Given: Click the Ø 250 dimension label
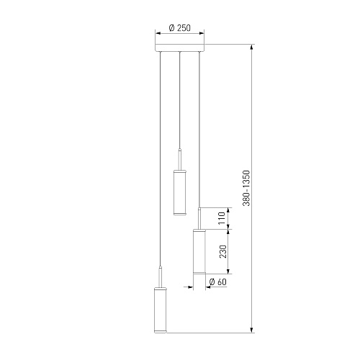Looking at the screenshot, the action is point(180,28).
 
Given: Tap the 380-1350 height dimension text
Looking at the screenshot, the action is point(246,188).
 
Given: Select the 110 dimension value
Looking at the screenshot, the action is point(222,218).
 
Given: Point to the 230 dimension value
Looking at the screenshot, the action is point(223,251).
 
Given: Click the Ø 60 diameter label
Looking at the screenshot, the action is point(217,282).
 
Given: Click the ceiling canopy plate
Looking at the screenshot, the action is point(180,48).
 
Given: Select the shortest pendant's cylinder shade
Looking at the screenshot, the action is point(180,192).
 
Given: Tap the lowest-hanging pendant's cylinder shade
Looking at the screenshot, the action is point(160,310).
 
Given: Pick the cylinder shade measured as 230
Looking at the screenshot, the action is point(199,251).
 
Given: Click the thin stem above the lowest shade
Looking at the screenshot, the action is point(161,276).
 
